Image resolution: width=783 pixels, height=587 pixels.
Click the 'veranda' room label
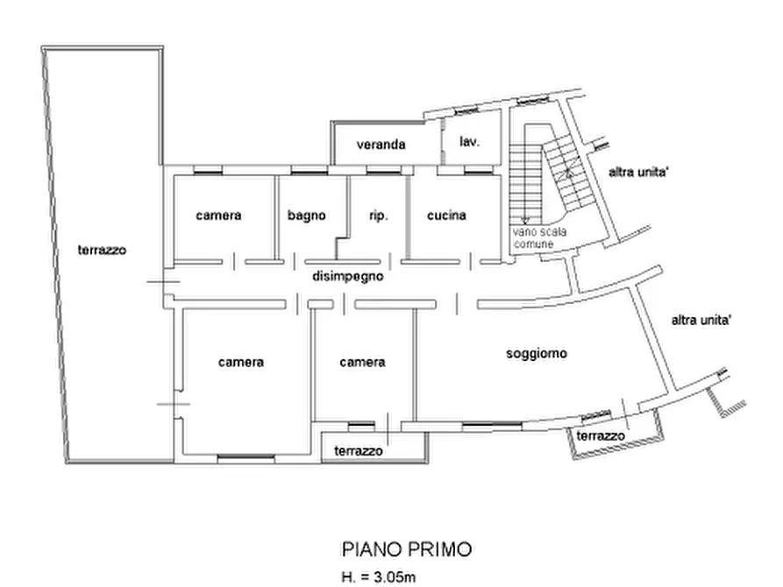(381, 145)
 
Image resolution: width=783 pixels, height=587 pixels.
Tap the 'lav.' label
(469, 142)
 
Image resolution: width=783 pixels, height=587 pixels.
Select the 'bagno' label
(307, 215)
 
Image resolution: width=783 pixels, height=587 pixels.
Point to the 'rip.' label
(379, 215)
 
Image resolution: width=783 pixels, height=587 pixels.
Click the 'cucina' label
(446, 215)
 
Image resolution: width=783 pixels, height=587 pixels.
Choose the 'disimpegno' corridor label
(350, 276)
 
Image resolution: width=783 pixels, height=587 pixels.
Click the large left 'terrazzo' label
(102, 250)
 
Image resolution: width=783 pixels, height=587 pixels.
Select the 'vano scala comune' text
(533, 238)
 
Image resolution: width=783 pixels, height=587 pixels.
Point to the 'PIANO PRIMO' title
(405, 549)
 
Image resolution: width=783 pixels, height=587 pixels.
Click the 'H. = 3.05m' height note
(380, 576)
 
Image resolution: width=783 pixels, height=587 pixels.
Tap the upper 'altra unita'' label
(641, 173)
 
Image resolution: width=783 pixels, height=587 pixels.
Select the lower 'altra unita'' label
(701, 321)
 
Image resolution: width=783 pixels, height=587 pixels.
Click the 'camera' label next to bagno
(218, 215)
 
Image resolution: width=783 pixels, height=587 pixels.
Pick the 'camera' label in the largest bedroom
(241, 361)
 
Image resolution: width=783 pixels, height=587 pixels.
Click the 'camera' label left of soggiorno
(362, 361)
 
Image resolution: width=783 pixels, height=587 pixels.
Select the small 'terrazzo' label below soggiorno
(601, 436)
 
